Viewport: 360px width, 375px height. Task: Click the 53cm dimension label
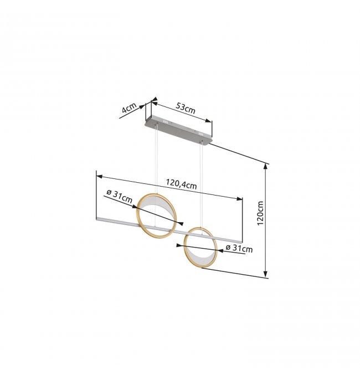[186, 108]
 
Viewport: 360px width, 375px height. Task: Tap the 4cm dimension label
[129, 108]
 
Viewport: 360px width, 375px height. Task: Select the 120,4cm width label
[181, 184]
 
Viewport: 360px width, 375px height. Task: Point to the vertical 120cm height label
[260, 213]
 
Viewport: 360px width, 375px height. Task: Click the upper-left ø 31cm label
[119, 196]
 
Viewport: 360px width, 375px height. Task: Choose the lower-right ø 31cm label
[239, 249]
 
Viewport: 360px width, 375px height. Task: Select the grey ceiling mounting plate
[178, 130]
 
